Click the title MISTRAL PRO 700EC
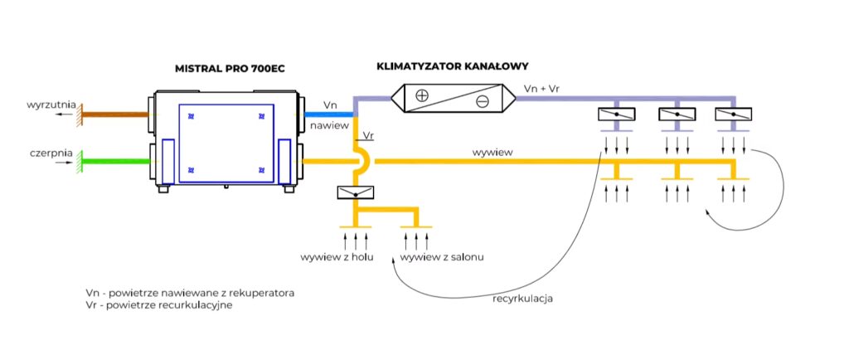(x=230, y=67)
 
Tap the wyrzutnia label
(x=52, y=105)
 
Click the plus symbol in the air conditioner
(x=421, y=95)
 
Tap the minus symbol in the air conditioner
(x=482, y=102)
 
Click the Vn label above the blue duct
(x=330, y=105)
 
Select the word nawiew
(x=327, y=126)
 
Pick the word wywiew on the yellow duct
(x=491, y=153)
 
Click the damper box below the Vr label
(x=356, y=192)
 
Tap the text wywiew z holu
(x=337, y=257)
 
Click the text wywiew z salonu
(x=443, y=257)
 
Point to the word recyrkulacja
(x=522, y=298)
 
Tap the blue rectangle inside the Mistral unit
(x=226, y=143)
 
